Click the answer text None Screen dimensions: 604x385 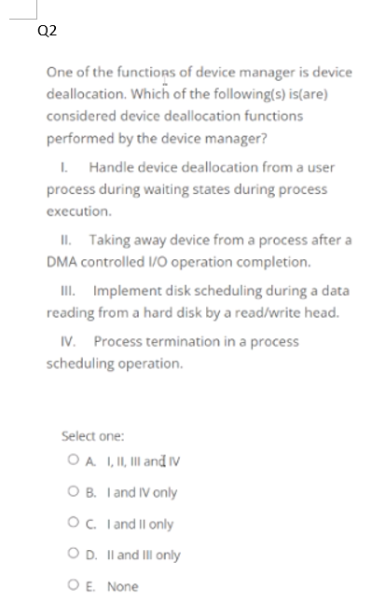[122, 586]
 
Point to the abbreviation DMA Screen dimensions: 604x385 [62, 260]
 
